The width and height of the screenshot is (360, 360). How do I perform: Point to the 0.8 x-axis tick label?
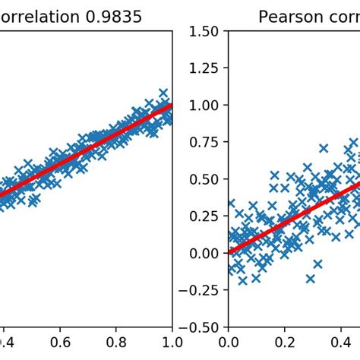(116, 343)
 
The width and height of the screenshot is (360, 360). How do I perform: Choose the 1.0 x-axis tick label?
(172, 343)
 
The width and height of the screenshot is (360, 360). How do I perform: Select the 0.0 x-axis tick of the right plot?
(228, 343)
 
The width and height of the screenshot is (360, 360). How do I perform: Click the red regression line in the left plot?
(91, 149)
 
